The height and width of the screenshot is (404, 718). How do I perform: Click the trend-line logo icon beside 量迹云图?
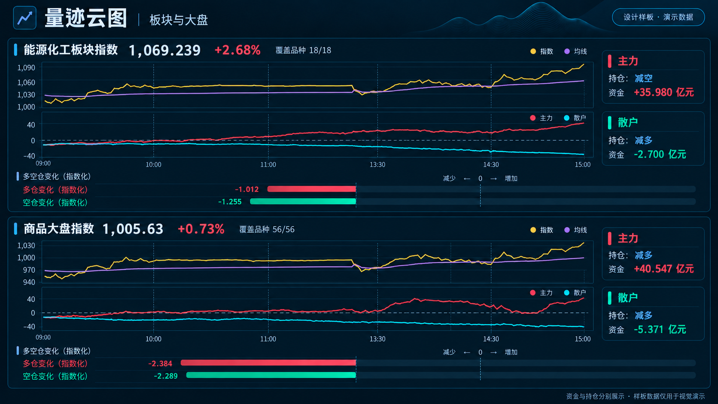[x=24, y=18]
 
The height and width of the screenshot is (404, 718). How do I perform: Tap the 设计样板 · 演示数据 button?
[x=658, y=17]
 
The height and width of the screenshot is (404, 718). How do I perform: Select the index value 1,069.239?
[x=165, y=50]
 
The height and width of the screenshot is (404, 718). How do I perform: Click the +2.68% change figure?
[x=237, y=50]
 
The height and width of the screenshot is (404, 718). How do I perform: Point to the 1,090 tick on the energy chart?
[x=26, y=67]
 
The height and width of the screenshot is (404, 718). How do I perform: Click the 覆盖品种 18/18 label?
[x=303, y=50]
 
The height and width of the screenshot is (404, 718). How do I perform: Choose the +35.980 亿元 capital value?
[x=663, y=92]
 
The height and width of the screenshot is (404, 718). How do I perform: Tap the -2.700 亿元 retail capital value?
[x=660, y=155]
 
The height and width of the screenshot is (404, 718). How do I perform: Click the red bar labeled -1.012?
[x=312, y=189]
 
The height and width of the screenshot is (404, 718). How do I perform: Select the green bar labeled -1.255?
[x=303, y=201]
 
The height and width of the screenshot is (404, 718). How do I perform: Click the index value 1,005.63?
[x=133, y=229]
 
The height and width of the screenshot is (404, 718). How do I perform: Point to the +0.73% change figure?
[x=201, y=229]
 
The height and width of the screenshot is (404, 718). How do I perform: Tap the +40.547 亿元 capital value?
[x=663, y=268]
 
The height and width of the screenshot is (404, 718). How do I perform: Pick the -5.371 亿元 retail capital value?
[x=660, y=329]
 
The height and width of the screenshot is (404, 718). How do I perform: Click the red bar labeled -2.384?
[x=268, y=363]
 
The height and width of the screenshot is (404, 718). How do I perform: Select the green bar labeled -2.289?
[x=271, y=375]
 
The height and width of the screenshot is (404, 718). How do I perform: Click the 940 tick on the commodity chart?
[x=28, y=282]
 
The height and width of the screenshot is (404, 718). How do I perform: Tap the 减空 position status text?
[x=643, y=78]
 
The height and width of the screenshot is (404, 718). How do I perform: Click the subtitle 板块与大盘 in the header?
[x=179, y=20]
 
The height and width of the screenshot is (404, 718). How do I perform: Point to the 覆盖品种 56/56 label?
[x=267, y=229]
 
